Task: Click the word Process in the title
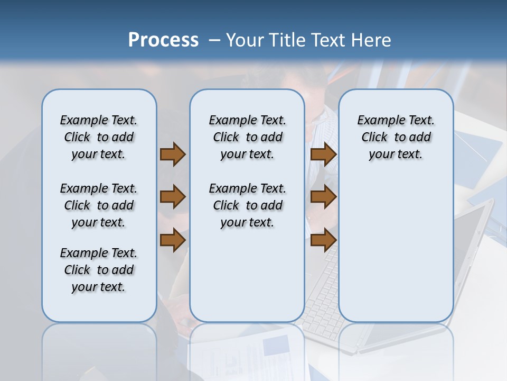tap(163, 40)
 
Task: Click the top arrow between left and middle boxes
tap(173, 155)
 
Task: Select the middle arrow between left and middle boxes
tap(173, 197)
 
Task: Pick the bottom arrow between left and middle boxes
tap(173, 240)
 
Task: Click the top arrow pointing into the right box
tap(323, 155)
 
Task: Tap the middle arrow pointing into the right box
tap(323, 197)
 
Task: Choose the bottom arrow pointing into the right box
tap(323, 240)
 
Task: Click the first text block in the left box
tap(99, 137)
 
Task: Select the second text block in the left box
tap(99, 205)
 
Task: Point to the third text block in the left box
tap(99, 270)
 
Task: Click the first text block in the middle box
tap(247, 137)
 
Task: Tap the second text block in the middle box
tap(247, 205)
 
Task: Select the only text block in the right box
tap(396, 137)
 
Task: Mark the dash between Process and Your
tap(214, 41)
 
